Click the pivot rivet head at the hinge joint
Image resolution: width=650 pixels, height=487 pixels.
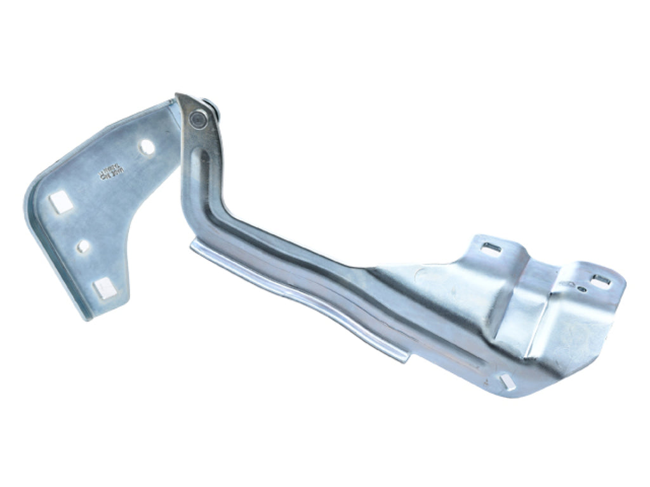click(199, 118)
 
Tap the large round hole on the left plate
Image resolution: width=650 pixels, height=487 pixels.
click(147, 147)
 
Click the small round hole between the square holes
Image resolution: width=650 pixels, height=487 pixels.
click(83, 245)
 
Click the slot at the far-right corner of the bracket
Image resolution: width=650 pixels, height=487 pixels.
click(600, 281)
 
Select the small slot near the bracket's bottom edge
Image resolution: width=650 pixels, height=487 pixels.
click(507, 381)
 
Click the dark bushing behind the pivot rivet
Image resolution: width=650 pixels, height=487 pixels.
click(209, 112)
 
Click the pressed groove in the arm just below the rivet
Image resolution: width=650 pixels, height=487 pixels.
click(202, 159)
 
